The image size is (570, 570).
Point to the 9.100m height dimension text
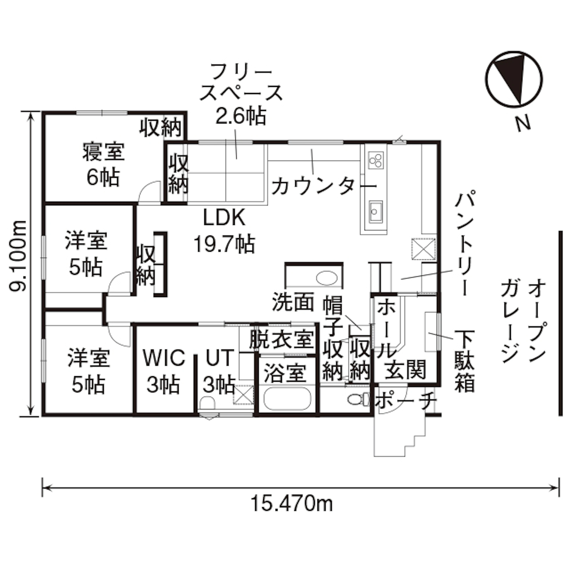point(18,256)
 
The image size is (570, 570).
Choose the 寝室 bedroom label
point(103,152)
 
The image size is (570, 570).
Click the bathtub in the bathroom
point(287,398)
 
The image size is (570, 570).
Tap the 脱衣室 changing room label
point(281,339)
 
